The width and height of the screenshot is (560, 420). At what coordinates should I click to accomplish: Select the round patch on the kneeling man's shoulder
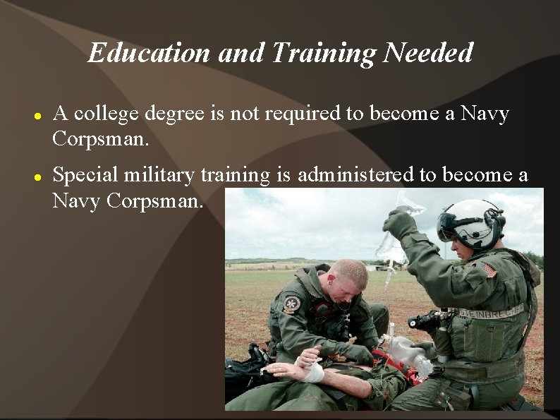[x=291, y=304]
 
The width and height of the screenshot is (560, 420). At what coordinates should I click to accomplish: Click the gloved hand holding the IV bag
[x=398, y=225]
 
